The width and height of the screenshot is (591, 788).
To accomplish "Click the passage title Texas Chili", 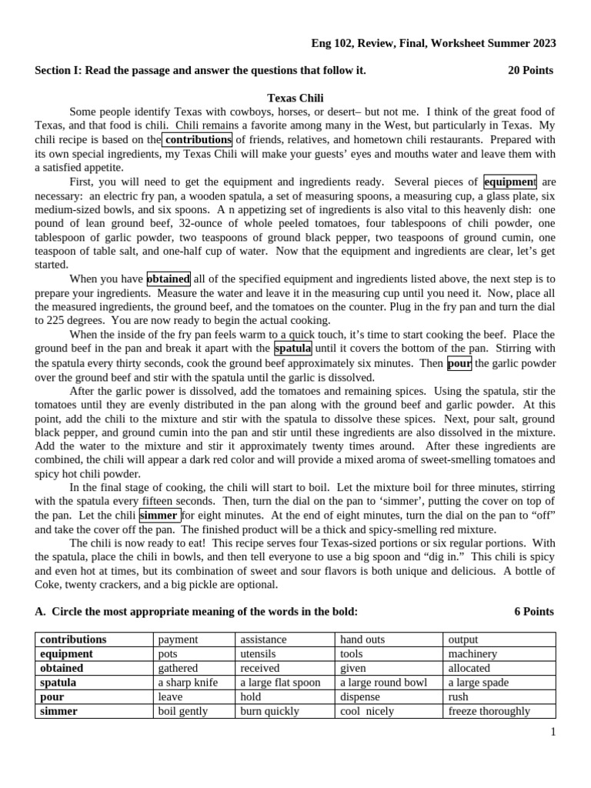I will (295, 98).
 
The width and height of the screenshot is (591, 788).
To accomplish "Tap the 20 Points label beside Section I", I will (530, 70).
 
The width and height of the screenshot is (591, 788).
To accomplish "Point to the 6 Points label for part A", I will (533, 611).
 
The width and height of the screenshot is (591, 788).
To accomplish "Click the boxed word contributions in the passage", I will (197, 139).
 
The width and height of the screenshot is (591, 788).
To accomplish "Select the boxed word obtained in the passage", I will (169, 279).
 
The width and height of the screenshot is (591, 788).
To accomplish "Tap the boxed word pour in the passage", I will (459, 363).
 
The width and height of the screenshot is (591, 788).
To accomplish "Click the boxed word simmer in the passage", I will (160, 515).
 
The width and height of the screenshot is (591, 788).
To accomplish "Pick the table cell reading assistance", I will (263, 639).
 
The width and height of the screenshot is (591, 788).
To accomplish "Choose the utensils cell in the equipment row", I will (258, 654).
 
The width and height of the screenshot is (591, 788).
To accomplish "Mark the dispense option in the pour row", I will (360, 697).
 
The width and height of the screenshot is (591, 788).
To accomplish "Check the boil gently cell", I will (183, 711).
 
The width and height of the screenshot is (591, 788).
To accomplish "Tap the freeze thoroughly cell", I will (489, 711).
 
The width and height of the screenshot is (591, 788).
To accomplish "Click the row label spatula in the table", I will (58, 683).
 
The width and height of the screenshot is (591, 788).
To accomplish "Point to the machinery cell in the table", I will (472, 654).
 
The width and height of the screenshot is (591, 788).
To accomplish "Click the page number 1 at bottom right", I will (553, 732).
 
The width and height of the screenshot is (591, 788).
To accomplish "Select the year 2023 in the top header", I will (542, 43).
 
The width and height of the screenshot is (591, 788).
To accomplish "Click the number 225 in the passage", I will (49, 320).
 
